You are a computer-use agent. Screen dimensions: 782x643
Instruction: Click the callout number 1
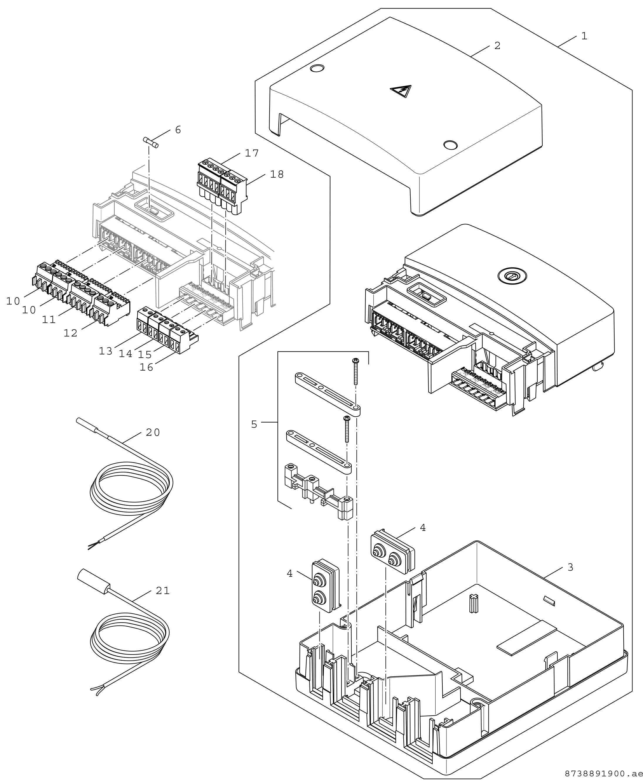click(584, 36)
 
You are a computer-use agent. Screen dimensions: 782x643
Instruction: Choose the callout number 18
click(277, 174)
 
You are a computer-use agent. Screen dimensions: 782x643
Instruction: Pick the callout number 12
click(70, 333)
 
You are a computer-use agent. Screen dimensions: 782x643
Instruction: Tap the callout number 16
click(146, 367)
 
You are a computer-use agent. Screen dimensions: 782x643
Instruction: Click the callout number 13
click(106, 351)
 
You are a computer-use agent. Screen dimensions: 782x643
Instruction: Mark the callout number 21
click(163, 591)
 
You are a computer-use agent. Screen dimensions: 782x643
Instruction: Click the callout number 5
click(254, 425)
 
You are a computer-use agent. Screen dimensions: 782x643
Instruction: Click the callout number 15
click(145, 355)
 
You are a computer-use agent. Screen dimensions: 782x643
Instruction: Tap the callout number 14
click(126, 354)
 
